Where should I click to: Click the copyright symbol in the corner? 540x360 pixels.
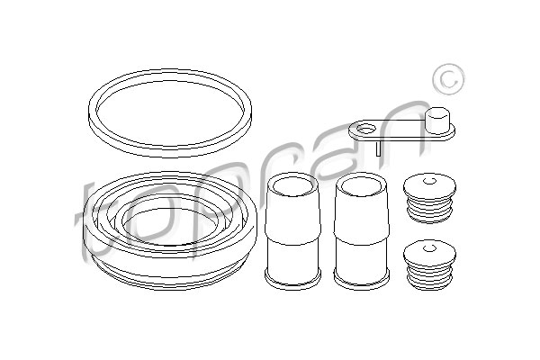coord(449,79)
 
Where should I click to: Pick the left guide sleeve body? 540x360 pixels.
coord(292,230)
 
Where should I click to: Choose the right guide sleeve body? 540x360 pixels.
coord(361,230)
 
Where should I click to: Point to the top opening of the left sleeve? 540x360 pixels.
coord(292,187)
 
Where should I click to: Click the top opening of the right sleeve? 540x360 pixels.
coord(361,187)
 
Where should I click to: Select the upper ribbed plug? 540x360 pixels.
coord(430,199)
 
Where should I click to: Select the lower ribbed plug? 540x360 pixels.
coord(430,265)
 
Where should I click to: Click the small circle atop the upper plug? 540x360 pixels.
coord(429,181)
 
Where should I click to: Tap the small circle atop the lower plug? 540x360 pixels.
coord(429,247)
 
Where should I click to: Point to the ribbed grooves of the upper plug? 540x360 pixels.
coord(429,210)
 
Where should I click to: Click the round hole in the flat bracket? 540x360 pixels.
coord(365,129)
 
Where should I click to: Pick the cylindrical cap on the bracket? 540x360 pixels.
coord(438,121)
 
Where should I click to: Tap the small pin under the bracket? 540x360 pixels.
coord(378,148)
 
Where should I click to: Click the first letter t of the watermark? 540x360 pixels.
coord(89,220)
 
